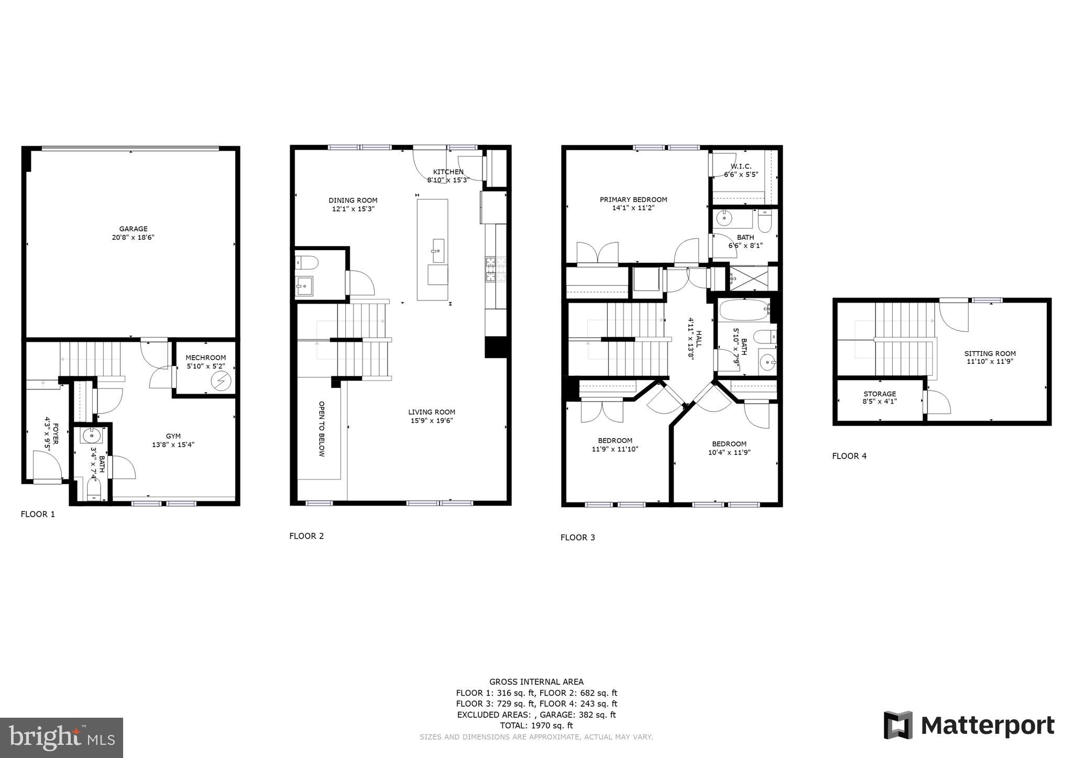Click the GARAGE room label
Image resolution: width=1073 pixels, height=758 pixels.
[x=133, y=229]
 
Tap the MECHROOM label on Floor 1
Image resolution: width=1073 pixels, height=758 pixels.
[x=205, y=358]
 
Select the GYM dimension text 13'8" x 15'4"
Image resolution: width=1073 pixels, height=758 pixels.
[x=173, y=445]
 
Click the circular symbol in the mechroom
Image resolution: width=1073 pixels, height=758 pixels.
[x=221, y=381]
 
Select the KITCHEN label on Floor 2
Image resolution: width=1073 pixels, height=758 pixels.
[x=448, y=172]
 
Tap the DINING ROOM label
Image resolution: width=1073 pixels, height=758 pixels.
[x=353, y=200]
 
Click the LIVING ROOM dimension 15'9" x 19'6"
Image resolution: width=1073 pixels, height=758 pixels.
[x=432, y=420]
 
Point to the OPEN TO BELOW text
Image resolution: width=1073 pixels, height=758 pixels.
[x=322, y=429]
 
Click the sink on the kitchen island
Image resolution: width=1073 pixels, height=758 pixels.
[x=437, y=251]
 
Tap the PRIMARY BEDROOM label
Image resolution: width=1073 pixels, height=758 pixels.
[x=633, y=199]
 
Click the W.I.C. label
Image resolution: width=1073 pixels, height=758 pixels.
[x=740, y=166]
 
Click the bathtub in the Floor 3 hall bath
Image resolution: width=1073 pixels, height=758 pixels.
[x=743, y=310]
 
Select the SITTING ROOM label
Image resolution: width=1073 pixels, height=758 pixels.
[x=990, y=353]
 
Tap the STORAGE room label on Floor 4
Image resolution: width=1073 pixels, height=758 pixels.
[x=879, y=394]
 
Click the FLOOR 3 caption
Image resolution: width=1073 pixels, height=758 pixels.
[x=577, y=537]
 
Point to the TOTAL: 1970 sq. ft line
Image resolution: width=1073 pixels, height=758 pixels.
[x=536, y=726]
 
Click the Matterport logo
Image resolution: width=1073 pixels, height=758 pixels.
[x=969, y=726]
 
